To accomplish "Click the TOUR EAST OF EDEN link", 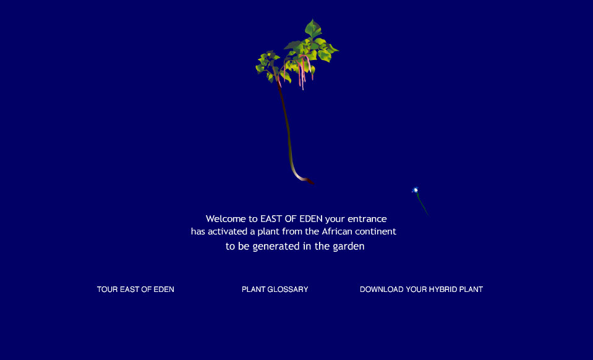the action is pyautogui.click(x=135, y=289).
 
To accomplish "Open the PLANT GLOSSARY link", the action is pyautogui.click(x=275, y=289).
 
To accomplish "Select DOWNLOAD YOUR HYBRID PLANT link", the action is pyautogui.click(x=421, y=289).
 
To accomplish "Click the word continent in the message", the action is pyautogui.click(x=375, y=231).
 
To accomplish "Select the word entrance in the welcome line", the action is pyautogui.click(x=367, y=219).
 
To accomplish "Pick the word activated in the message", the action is pyautogui.click(x=228, y=231).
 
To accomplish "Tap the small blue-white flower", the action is pyautogui.click(x=416, y=190).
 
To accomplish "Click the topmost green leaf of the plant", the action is pyautogui.click(x=313, y=28).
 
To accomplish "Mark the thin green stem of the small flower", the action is pyautogui.click(x=422, y=204).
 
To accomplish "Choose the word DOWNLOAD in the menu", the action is pyautogui.click(x=382, y=289).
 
